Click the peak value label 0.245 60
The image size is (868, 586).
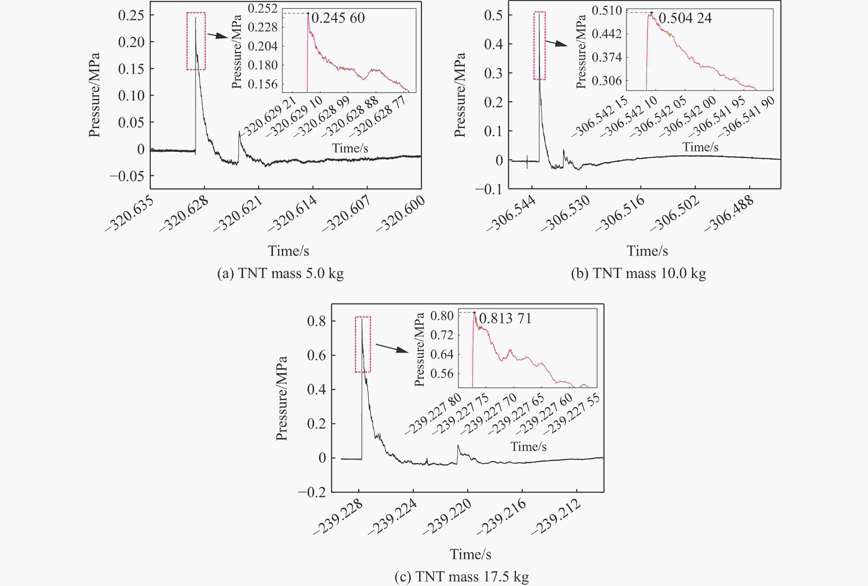[338, 18]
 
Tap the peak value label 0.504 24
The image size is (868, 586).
[685, 18]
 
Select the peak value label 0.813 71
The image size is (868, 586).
[505, 318]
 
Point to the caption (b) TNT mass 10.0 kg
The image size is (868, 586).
[638, 273]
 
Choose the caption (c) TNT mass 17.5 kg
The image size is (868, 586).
[462, 577]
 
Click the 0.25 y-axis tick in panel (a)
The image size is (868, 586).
[131, 15]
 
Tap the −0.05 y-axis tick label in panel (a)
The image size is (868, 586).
[127, 176]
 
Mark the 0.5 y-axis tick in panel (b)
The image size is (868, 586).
[493, 15]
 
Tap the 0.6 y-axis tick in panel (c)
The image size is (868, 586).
[316, 355]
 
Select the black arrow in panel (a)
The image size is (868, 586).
[218, 35]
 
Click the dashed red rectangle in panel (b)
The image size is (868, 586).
[539, 45]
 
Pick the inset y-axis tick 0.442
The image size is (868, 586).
[606, 34]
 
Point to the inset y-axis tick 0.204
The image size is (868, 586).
[262, 46]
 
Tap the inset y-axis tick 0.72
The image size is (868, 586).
[442, 335]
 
